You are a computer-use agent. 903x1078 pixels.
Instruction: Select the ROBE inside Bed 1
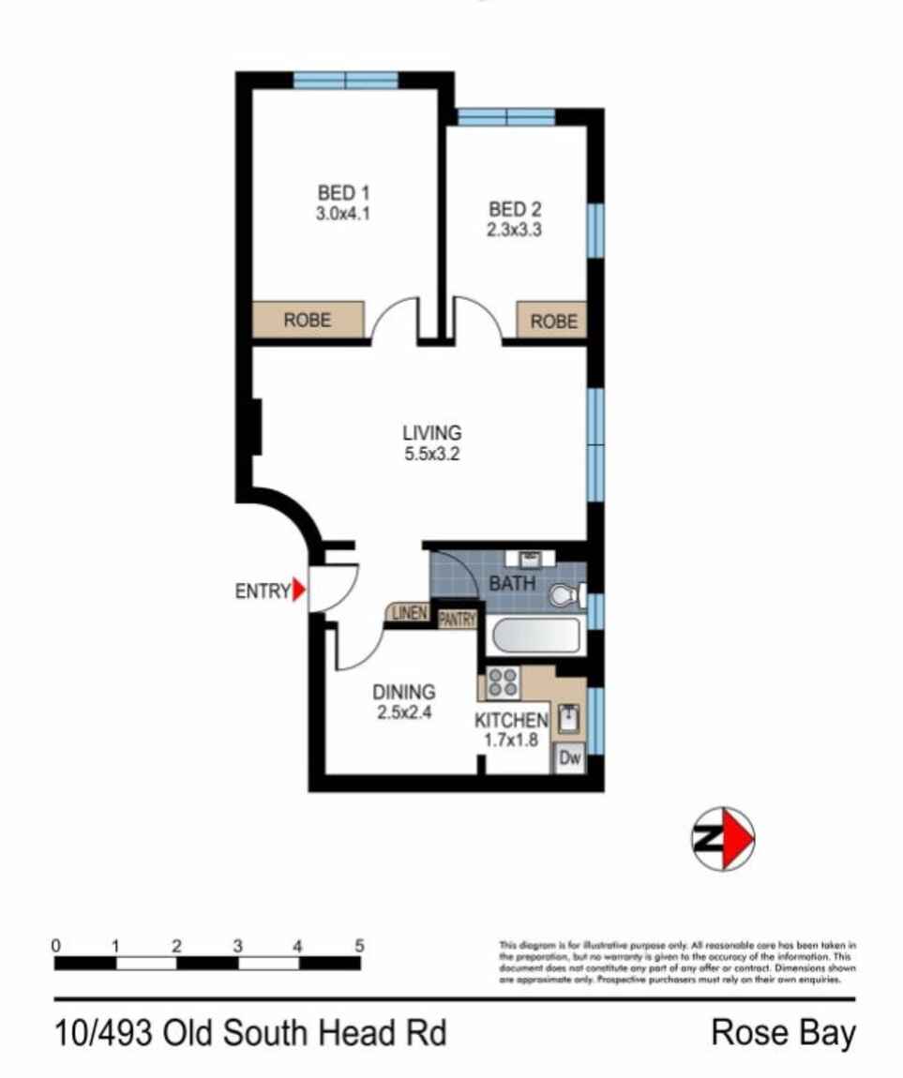[x=307, y=320]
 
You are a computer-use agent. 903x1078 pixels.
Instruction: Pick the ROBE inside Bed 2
[x=553, y=322]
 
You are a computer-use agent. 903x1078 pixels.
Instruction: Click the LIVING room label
[x=431, y=433]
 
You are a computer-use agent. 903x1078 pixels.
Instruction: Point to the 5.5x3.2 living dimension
[x=431, y=453]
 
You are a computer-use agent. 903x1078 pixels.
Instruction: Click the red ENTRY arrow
[x=299, y=591]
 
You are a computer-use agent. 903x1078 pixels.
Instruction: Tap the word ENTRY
[x=262, y=591]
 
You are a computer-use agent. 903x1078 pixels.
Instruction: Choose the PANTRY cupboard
[x=458, y=619]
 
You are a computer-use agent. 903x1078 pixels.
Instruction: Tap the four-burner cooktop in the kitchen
[x=504, y=681]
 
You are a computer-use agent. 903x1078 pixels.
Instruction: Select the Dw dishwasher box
[x=569, y=759]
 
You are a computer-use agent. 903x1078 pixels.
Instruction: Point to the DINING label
[x=404, y=693]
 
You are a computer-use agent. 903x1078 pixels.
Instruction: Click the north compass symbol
[x=723, y=837]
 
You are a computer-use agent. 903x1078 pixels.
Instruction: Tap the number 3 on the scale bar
[x=237, y=946]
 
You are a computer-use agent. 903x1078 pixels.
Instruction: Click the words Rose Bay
[x=784, y=1034]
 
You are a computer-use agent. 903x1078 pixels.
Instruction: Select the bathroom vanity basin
[x=532, y=559]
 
